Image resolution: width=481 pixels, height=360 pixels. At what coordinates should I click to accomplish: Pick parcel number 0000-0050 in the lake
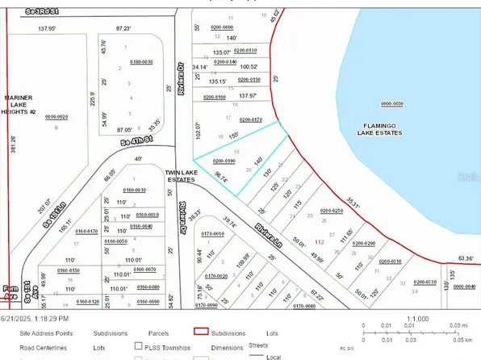391,103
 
